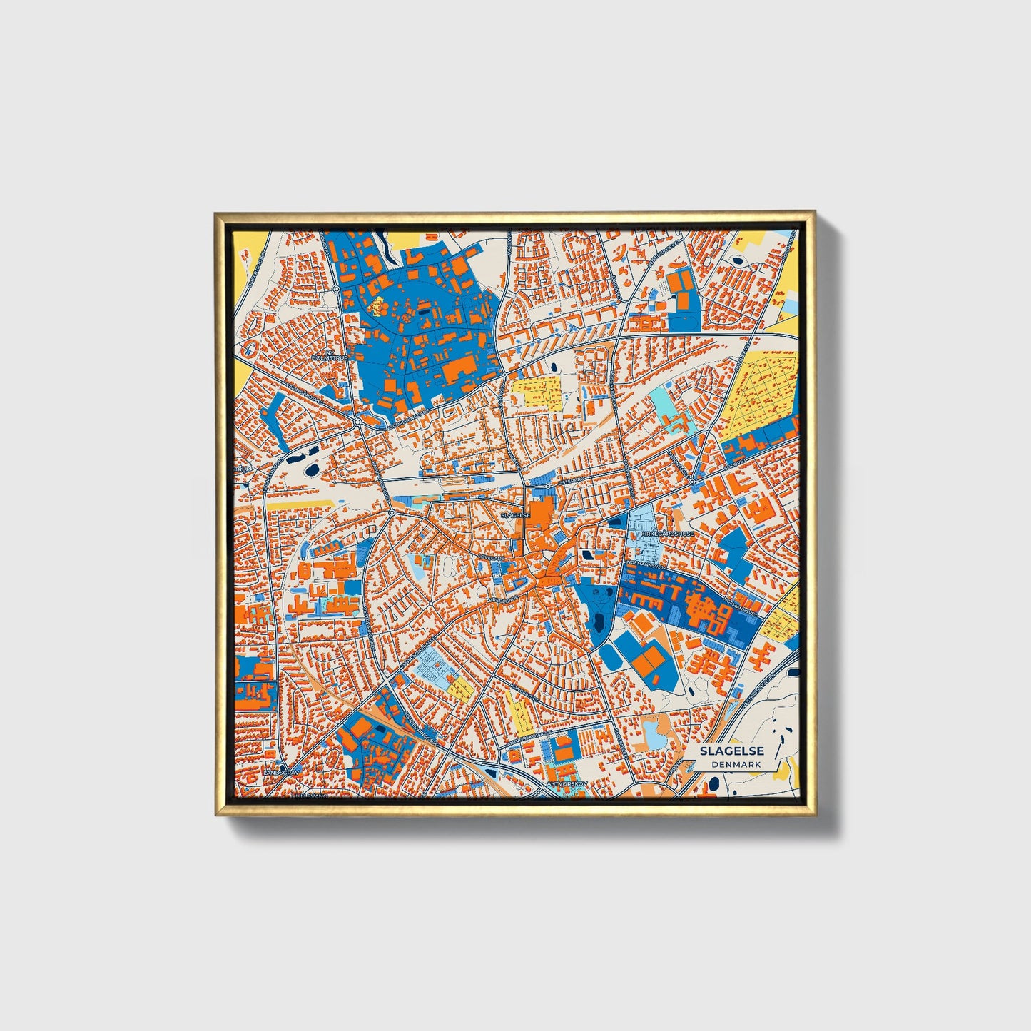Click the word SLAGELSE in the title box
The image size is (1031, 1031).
pyautogui.click(x=731, y=751)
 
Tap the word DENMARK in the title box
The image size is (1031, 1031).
pyautogui.click(x=736, y=764)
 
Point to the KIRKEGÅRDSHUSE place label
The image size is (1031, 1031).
pyautogui.click(x=667, y=533)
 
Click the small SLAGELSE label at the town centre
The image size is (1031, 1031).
pyautogui.click(x=515, y=514)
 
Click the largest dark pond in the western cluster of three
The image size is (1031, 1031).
pyautogui.click(x=313, y=469)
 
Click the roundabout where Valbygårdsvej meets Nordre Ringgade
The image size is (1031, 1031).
pyautogui.click(x=358, y=422)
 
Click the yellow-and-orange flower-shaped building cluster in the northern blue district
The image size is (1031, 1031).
pyautogui.click(x=377, y=306)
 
